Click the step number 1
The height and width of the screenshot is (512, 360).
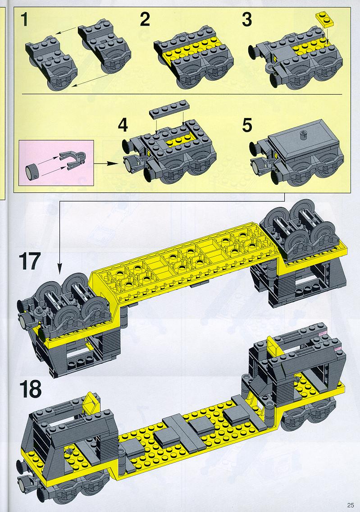tap(25, 19)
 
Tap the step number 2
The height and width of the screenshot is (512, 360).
tap(145, 19)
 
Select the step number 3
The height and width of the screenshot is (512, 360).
tap(247, 19)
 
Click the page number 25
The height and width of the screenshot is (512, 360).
tap(351, 505)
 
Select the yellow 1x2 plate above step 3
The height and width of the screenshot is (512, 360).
tap(324, 19)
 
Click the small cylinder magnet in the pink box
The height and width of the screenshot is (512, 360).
tap(33, 171)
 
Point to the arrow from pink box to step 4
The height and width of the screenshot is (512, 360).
tap(105, 162)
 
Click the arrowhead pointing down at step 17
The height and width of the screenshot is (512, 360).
tap(59, 270)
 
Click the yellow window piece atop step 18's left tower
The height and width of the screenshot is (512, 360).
tap(92, 402)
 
